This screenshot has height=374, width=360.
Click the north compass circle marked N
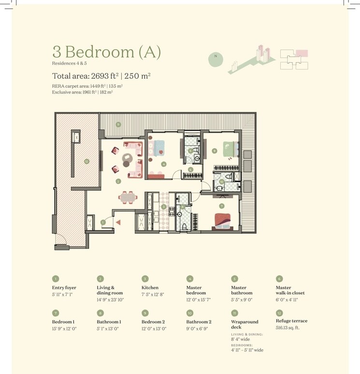click(x=216, y=56)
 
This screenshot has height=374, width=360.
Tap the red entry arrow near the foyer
click(x=117, y=222)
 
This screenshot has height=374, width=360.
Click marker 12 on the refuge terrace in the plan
click(x=86, y=161)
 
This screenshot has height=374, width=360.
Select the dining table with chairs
click(x=128, y=197)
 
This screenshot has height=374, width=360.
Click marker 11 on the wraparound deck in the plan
click(x=118, y=125)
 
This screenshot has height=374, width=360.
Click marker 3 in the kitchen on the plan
click(x=164, y=207)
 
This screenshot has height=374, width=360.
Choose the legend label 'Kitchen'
click(x=150, y=288)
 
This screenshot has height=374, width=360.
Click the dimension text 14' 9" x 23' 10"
click(x=111, y=300)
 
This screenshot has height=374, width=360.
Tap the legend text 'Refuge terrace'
click(x=291, y=320)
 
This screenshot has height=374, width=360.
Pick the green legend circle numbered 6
click(x=279, y=278)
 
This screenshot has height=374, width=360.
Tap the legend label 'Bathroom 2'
click(x=199, y=322)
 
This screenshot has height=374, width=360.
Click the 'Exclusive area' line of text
click(x=82, y=92)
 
